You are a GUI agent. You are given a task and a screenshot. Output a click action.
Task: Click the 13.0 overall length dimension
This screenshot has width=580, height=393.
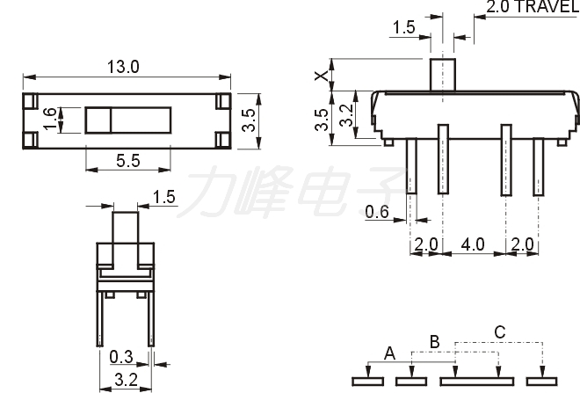click(x=123, y=68)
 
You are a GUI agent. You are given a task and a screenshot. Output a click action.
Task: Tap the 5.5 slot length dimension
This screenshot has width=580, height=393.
click(x=128, y=161)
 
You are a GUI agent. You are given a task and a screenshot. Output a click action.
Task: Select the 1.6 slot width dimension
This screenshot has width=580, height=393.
click(x=49, y=119)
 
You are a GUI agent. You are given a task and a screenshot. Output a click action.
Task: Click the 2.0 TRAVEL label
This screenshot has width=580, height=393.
click(x=533, y=7)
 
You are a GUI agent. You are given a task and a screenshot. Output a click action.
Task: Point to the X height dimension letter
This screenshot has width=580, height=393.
click(x=322, y=76)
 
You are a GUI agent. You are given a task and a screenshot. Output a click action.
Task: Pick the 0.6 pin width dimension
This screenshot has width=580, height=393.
click(x=377, y=212)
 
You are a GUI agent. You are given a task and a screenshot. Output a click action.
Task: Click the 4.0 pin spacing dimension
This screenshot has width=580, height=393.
click(x=473, y=244)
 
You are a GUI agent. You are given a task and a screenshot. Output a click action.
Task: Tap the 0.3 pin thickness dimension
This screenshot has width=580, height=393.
click(x=121, y=357)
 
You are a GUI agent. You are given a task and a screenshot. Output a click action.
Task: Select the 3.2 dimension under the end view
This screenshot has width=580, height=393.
click(x=126, y=380)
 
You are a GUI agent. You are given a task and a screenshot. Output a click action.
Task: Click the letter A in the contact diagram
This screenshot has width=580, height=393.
click(x=389, y=353)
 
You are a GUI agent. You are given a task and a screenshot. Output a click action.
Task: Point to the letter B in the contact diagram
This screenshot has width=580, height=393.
click(x=435, y=342)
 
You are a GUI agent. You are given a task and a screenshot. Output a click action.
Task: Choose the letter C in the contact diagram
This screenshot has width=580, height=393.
click(x=500, y=332)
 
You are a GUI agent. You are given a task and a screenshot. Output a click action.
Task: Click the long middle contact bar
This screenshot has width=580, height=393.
click(x=477, y=382)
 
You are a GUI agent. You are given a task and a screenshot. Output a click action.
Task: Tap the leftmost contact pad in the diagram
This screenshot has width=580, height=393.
click(x=367, y=382)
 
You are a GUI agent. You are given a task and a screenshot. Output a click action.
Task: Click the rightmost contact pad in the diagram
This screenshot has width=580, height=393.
click(x=542, y=382)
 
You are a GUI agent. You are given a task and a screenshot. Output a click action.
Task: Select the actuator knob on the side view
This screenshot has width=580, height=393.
click(x=442, y=75)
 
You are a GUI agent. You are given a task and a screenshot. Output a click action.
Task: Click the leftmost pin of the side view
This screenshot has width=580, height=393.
click(x=411, y=166)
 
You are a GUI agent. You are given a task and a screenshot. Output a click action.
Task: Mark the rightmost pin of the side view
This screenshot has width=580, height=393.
click(x=539, y=166)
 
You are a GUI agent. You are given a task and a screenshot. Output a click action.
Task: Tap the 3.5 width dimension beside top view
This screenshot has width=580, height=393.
click(x=250, y=120)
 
